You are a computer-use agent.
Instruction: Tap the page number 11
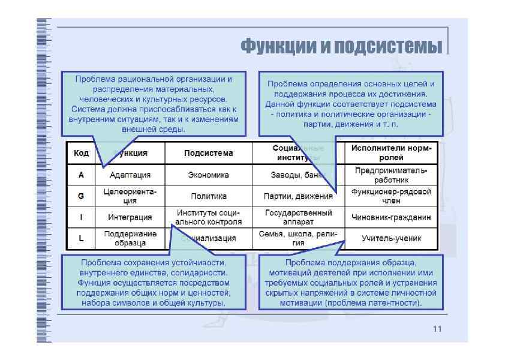tap(436, 329)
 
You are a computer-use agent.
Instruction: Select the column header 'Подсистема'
tap(208, 153)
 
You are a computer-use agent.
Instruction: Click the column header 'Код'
tap(81, 153)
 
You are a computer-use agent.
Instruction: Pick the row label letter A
tap(81, 175)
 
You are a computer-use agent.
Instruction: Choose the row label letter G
tap(81, 196)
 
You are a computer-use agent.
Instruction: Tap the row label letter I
tap(81, 217)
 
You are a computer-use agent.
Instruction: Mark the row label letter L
tap(81, 238)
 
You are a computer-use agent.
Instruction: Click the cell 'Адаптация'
tap(130, 175)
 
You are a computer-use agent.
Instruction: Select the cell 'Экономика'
tap(208, 175)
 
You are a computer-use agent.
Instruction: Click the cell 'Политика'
tap(208, 196)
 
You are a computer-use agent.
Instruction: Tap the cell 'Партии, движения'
tap(298, 196)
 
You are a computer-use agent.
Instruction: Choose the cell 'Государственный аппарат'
tap(298, 217)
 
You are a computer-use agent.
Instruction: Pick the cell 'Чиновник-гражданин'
tap(391, 217)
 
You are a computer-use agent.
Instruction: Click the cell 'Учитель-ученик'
tap(391, 238)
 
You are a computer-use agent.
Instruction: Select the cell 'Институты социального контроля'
tap(208, 217)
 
